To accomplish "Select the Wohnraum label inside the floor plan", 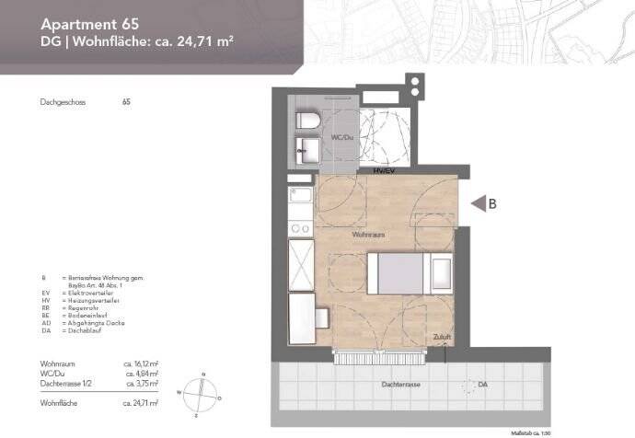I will tap(367, 236).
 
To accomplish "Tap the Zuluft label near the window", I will tap(441, 339).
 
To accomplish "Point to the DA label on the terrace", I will tap(482, 384).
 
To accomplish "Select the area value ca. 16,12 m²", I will tap(140, 365).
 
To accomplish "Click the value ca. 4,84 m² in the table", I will tap(140, 375).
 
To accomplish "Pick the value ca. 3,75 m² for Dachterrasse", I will tap(140, 386).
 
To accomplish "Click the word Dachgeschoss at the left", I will tap(63, 102).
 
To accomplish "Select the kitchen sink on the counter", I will tap(300, 194).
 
